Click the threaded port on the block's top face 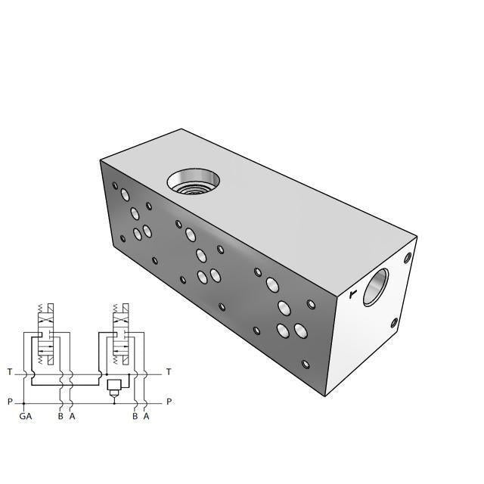pos(194,182)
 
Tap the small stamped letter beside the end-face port pos(352,293)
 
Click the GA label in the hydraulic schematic pos(25,416)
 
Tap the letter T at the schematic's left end pos(9,372)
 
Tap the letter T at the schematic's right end pos(169,372)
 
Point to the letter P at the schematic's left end pos(9,402)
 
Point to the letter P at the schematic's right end pos(169,402)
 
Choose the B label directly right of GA pos(60,416)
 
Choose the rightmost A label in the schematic pos(146,416)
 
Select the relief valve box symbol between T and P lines pos(114,386)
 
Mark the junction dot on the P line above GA pos(25,402)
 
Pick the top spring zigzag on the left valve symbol pos(41,308)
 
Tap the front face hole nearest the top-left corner pos(115,185)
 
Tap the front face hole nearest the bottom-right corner pos(306,364)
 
